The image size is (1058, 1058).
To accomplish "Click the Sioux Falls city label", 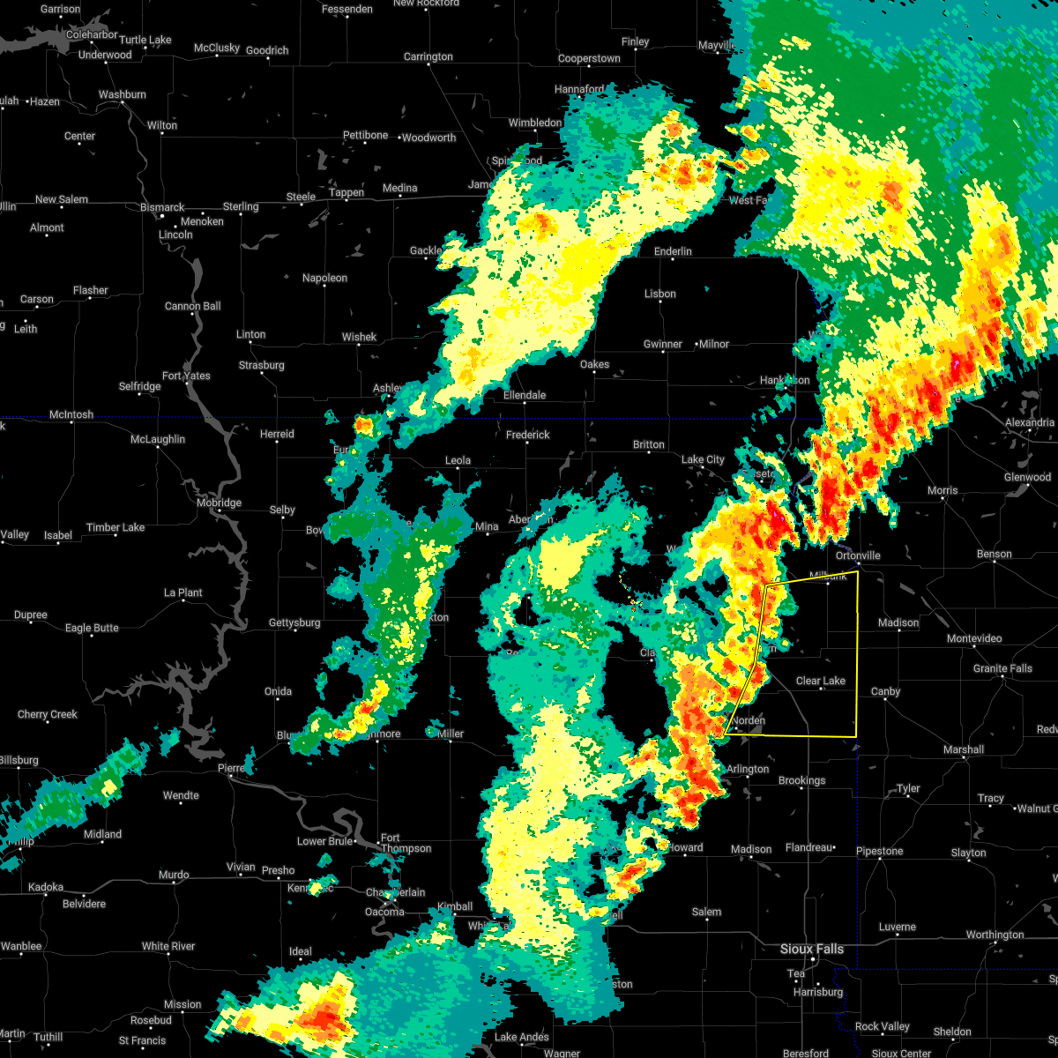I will click(x=811, y=949).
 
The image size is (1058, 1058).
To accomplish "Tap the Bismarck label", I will click(x=162, y=207).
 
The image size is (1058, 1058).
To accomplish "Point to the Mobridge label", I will click(x=219, y=503).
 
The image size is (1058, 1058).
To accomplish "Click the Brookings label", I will click(x=801, y=780).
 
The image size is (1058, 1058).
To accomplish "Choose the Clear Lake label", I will click(x=820, y=681).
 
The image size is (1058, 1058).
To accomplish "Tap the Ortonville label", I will click(x=858, y=555).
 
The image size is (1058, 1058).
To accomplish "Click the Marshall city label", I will click(x=963, y=749).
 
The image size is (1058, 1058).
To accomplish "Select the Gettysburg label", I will click(x=294, y=622).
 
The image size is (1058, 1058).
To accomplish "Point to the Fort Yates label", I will click(x=186, y=376).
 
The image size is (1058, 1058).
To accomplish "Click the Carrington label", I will click(x=428, y=56).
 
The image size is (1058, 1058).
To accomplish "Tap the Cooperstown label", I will click(x=589, y=59).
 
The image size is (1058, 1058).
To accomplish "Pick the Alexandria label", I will click(x=1030, y=422).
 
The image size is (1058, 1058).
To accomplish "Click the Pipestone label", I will click(x=879, y=851).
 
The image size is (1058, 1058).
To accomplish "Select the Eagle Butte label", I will click(x=92, y=628).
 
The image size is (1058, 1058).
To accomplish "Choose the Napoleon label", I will click(x=324, y=278).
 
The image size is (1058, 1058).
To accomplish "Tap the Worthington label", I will click(x=995, y=935).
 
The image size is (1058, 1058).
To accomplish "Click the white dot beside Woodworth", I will click(x=399, y=138).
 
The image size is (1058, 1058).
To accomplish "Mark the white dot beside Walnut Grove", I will click(x=1015, y=809).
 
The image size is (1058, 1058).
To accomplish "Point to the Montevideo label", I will click(x=974, y=638).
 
